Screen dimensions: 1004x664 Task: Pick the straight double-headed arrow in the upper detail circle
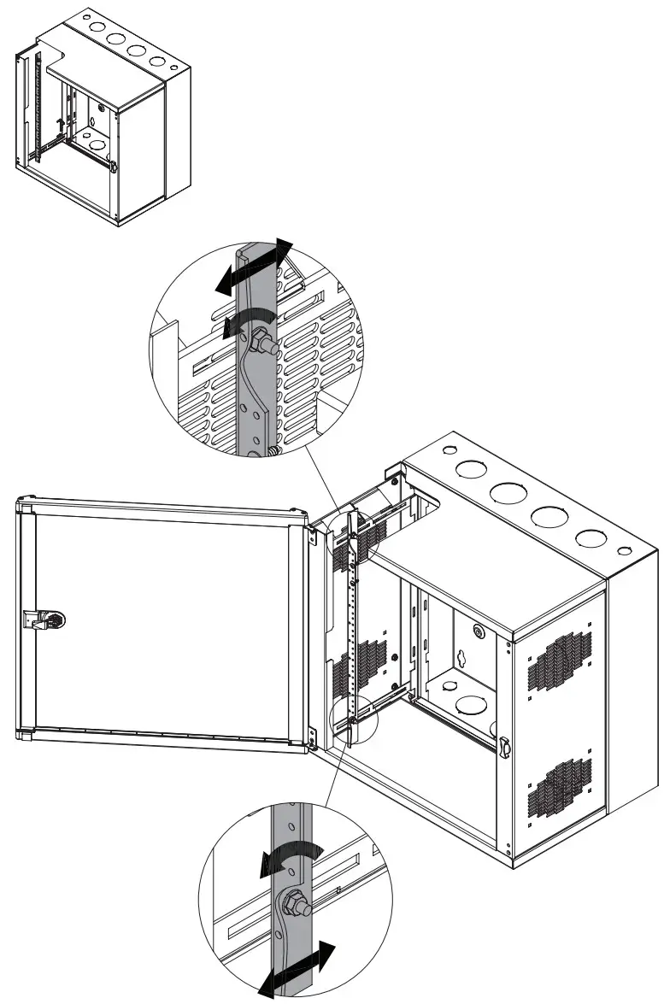coord(253,267)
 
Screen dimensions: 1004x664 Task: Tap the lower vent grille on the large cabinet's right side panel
coord(559,786)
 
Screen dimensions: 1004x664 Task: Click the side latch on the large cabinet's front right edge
coord(505,747)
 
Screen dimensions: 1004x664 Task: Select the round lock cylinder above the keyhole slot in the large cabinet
coord(476,632)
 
